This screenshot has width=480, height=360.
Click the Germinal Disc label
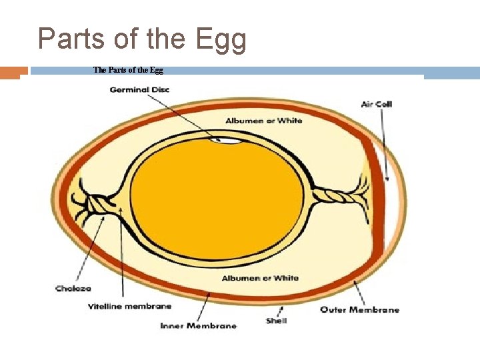139,90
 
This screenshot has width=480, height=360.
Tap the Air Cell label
376,104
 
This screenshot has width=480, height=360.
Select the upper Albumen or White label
263,121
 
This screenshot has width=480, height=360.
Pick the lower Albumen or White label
260,278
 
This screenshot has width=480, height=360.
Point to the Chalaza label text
73,289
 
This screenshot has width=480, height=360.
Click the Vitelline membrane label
129,307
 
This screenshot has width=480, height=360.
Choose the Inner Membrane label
198,326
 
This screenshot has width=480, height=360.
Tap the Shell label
276,321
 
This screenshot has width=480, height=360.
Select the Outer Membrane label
359,309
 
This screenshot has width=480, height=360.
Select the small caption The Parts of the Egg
128,70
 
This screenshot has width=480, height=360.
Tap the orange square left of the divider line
9,72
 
